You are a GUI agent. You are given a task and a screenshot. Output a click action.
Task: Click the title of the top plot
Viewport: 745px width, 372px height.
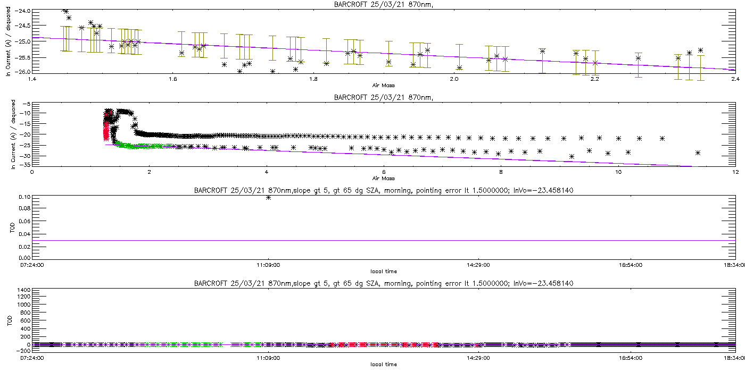pyautogui.click(x=372, y=5)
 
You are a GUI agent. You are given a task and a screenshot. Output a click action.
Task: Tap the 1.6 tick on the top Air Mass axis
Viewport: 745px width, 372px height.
pyautogui.click(x=172, y=79)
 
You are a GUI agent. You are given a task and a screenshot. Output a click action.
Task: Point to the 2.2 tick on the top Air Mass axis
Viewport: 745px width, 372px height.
pyautogui.click(x=594, y=79)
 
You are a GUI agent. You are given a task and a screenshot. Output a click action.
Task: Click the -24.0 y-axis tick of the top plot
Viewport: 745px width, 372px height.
pyautogui.click(x=24, y=11)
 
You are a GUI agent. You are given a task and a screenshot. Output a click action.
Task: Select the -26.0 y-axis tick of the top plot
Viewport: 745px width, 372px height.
pyautogui.click(x=24, y=72)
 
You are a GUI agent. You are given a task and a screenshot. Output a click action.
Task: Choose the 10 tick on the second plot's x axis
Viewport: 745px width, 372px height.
pyautogui.click(x=618, y=172)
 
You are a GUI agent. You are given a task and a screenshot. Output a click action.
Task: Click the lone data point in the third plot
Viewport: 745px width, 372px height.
pyautogui.click(x=269, y=197)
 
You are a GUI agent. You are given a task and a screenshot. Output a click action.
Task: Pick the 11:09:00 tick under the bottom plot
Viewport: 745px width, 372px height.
pyautogui.click(x=269, y=358)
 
